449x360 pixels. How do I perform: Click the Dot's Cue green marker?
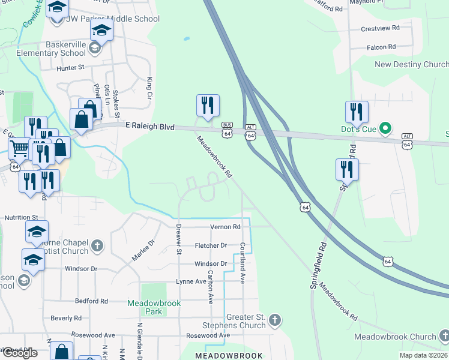point(387,127)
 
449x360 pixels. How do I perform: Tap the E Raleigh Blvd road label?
point(149,127)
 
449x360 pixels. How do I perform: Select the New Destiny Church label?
point(411,65)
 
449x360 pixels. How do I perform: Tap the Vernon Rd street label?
point(225,227)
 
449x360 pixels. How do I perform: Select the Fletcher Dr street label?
point(211,245)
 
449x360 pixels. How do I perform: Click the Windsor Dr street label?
point(211,263)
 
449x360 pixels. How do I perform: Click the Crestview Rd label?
point(380,28)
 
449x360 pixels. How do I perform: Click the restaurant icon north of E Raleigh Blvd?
point(208,106)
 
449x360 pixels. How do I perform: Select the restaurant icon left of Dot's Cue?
point(357,112)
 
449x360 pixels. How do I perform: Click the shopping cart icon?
point(19,148)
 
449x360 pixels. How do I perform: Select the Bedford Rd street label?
point(91,301)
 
